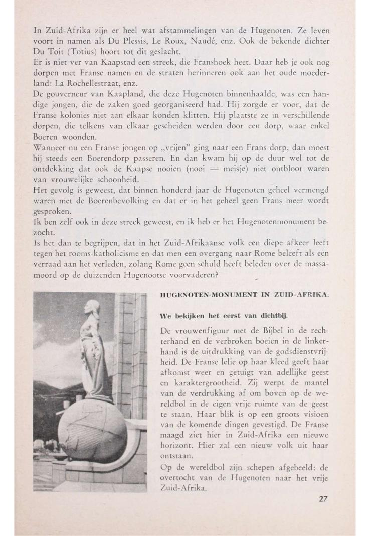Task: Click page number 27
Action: pos(323,498)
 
